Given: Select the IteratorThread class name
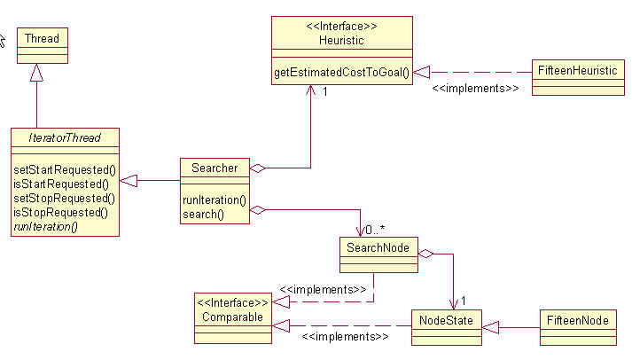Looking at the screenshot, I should point(66,137).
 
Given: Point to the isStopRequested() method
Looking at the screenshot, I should point(60,212).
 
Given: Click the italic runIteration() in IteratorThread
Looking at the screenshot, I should point(46,226).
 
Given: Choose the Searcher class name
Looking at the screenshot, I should point(214,168).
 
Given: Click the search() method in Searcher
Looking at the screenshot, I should point(203,214).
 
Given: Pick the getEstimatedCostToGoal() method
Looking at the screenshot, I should point(341,74).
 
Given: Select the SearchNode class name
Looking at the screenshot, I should point(378,247).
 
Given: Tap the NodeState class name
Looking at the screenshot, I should point(447,319).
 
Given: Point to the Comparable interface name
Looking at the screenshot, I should point(232,316).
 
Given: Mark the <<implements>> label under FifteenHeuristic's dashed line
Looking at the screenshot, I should point(474,89).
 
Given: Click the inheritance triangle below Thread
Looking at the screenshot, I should point(37,73).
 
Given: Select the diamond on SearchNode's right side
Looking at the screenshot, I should point(425,254).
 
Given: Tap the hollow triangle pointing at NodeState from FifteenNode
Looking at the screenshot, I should point(490,327).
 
